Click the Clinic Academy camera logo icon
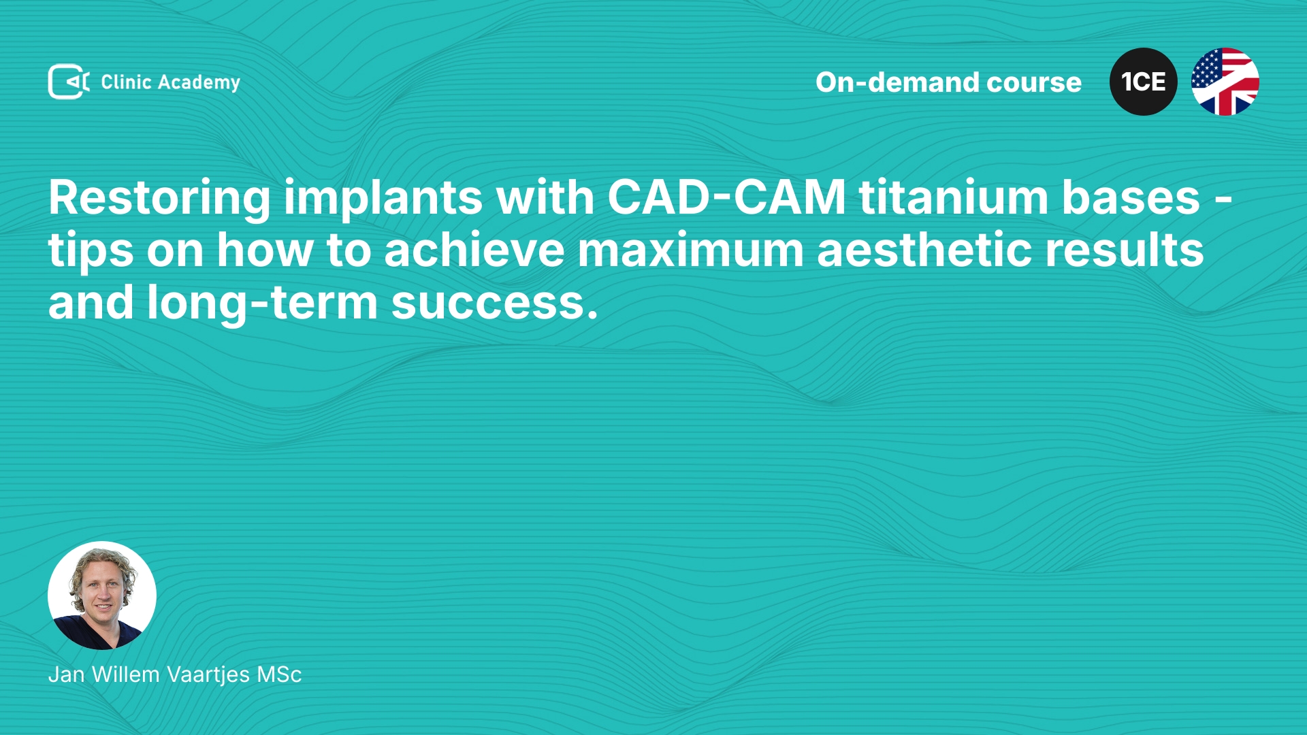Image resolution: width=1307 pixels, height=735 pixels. click(x=69, y=82)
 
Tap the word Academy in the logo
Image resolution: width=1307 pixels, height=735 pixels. click(x=199, y=83)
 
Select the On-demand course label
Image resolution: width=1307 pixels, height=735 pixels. click(x=948, y=82)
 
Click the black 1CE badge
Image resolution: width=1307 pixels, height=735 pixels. click(x=1144, y=82)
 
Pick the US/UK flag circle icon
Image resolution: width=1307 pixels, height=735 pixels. click(x=1225, y=82)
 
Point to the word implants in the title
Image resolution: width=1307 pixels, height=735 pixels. click(x=383, y=199)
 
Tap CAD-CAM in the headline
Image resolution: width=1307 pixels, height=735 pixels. click(x=726, y=197)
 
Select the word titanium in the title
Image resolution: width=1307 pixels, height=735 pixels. click(x=954, y=197)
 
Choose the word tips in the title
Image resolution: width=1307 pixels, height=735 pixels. click(x=91, y=251)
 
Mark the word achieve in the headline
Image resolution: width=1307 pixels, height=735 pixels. click(x=474, y=250)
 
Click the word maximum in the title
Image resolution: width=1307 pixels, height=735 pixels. click(x=691, y=251)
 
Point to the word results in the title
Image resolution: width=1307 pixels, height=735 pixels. click(x=1125, y=250)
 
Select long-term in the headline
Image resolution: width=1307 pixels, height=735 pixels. click(x=262, y=304)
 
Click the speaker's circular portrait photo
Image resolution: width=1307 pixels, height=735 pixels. click(x=102, y=595)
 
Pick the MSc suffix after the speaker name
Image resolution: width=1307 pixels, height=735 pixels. click(x=279, y=674)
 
